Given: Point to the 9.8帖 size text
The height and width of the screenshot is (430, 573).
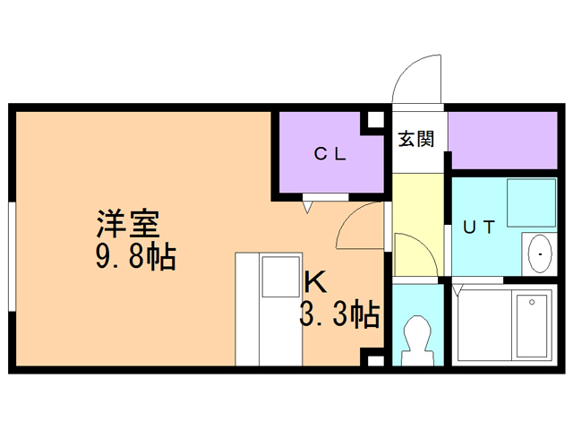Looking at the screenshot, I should (135, 258).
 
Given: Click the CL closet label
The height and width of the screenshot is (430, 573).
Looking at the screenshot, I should (329, 153).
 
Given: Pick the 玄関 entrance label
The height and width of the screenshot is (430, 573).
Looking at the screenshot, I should (416, 139).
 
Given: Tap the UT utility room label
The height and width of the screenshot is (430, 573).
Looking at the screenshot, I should (478, 227).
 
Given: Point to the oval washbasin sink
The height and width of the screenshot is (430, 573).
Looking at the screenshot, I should (541, 254).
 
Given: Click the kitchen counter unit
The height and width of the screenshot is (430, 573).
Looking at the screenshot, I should (267, 309).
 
